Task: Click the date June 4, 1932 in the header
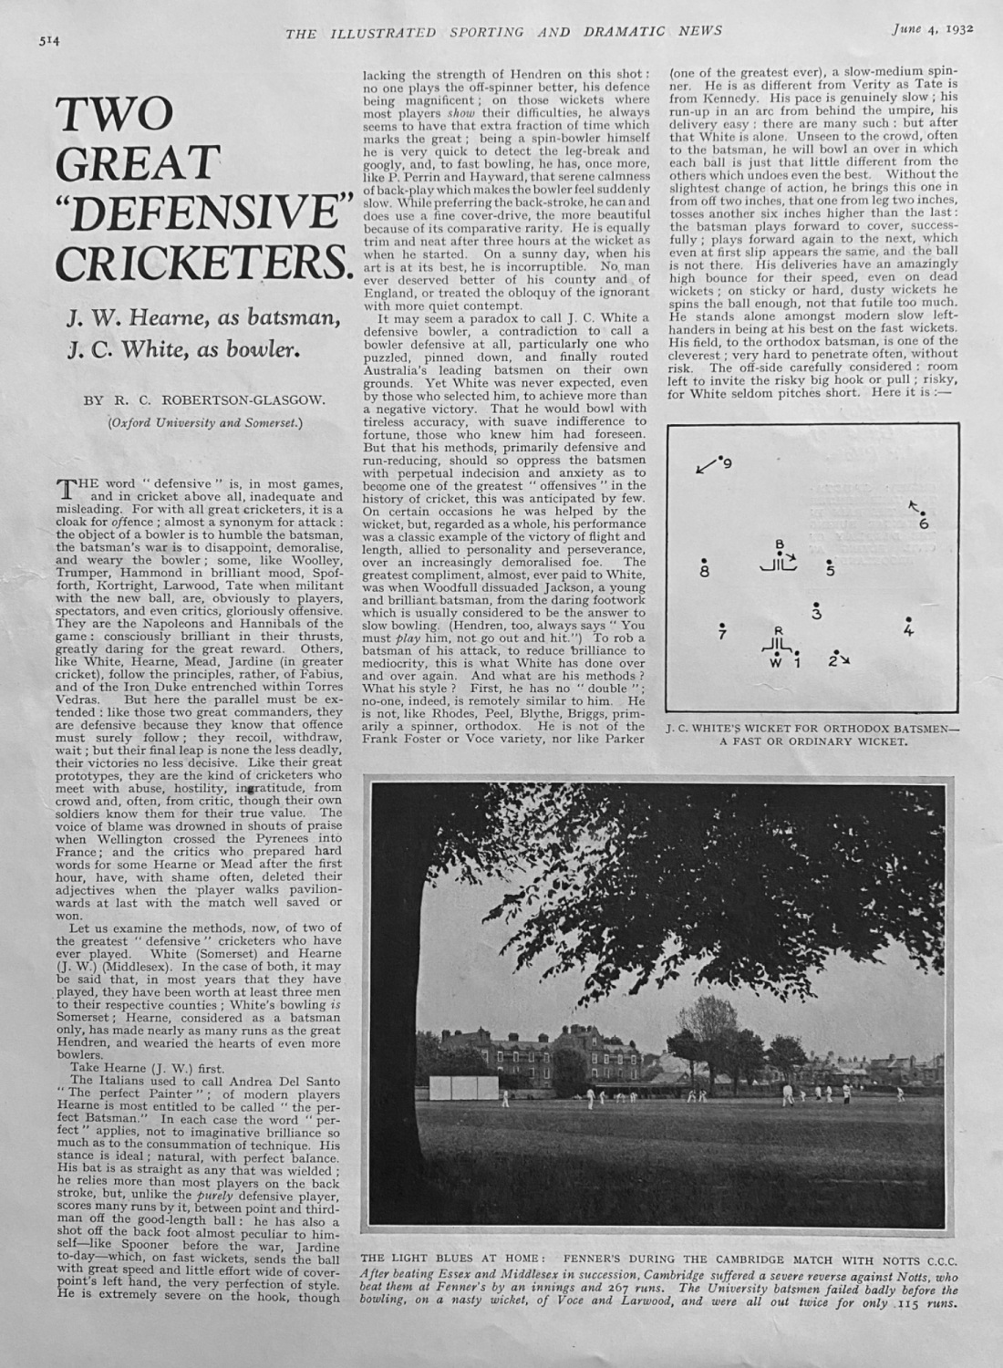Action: [x=932, y=28]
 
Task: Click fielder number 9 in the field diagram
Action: [x=727, y=464]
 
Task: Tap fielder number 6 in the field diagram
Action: [x=924, y=523]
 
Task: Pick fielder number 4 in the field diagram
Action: [x=908, y=630]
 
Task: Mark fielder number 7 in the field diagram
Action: [x=722, y=632]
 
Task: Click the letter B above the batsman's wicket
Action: [x=779, y=544]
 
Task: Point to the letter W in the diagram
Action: [x=776, y=663]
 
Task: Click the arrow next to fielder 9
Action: [x=705, y=469]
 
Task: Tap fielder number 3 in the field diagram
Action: [x=817, y=614]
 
